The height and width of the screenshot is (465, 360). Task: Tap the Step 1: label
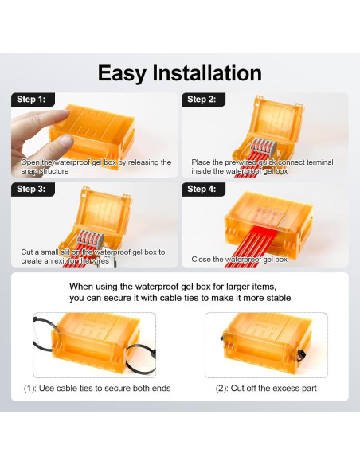(x=31, y=100)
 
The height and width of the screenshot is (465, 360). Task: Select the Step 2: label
(x=201, y=100)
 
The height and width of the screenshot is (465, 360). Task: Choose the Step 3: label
(x=31, y=190)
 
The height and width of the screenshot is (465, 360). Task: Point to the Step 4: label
(x=201, y=190)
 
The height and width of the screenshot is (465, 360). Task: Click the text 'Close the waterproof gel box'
(x=239, y=260)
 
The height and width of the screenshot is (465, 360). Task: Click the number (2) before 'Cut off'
(x=221, y=389)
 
